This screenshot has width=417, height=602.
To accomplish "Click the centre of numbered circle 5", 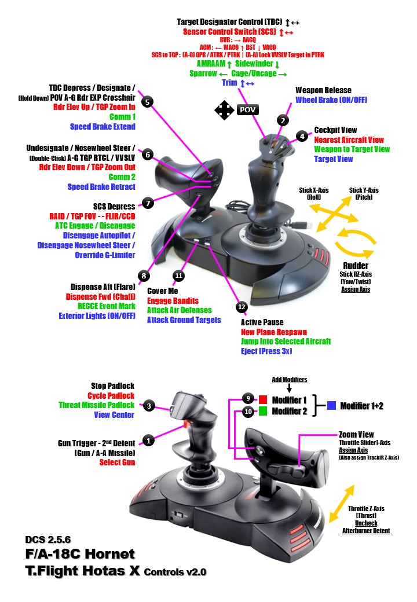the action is tap(147, 102).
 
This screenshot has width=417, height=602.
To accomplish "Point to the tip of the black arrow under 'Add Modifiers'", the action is tap(289, 392).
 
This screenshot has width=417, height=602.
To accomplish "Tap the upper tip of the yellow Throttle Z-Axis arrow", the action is tap(353, 486).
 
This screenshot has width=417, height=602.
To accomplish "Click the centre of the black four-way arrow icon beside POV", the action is tap(224, 110).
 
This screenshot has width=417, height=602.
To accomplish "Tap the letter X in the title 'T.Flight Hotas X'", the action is tap(134, 571).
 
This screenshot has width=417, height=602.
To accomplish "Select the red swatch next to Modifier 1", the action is tap(262, 399).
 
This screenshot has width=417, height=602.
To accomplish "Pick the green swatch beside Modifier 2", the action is tap(262, 411).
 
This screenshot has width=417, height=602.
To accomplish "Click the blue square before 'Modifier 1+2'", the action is tap(331, 405).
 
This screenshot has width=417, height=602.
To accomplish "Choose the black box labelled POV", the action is tap(248, 110).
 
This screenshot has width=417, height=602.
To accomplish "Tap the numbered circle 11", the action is tap(178, 276).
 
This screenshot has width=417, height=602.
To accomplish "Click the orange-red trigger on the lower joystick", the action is tap(188, 424).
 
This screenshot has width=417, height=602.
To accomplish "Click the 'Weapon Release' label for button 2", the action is tap(323, 90).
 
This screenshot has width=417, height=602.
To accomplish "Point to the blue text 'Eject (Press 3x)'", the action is tap(266, 351).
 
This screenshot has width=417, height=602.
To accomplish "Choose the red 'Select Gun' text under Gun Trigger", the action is tap(117, 462).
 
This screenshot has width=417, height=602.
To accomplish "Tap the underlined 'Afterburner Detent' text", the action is tap(366, 531).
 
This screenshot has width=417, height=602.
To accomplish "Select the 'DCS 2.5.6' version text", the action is tap(48, 539).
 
